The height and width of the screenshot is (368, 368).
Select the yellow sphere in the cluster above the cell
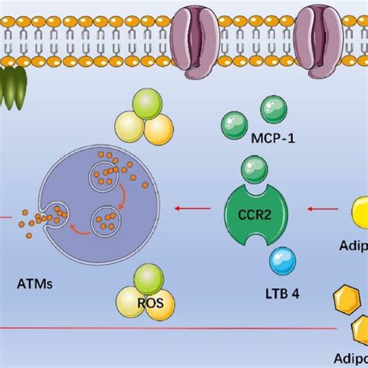tap(158, 130)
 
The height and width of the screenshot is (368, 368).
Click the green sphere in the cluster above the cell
tap(145, 104)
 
